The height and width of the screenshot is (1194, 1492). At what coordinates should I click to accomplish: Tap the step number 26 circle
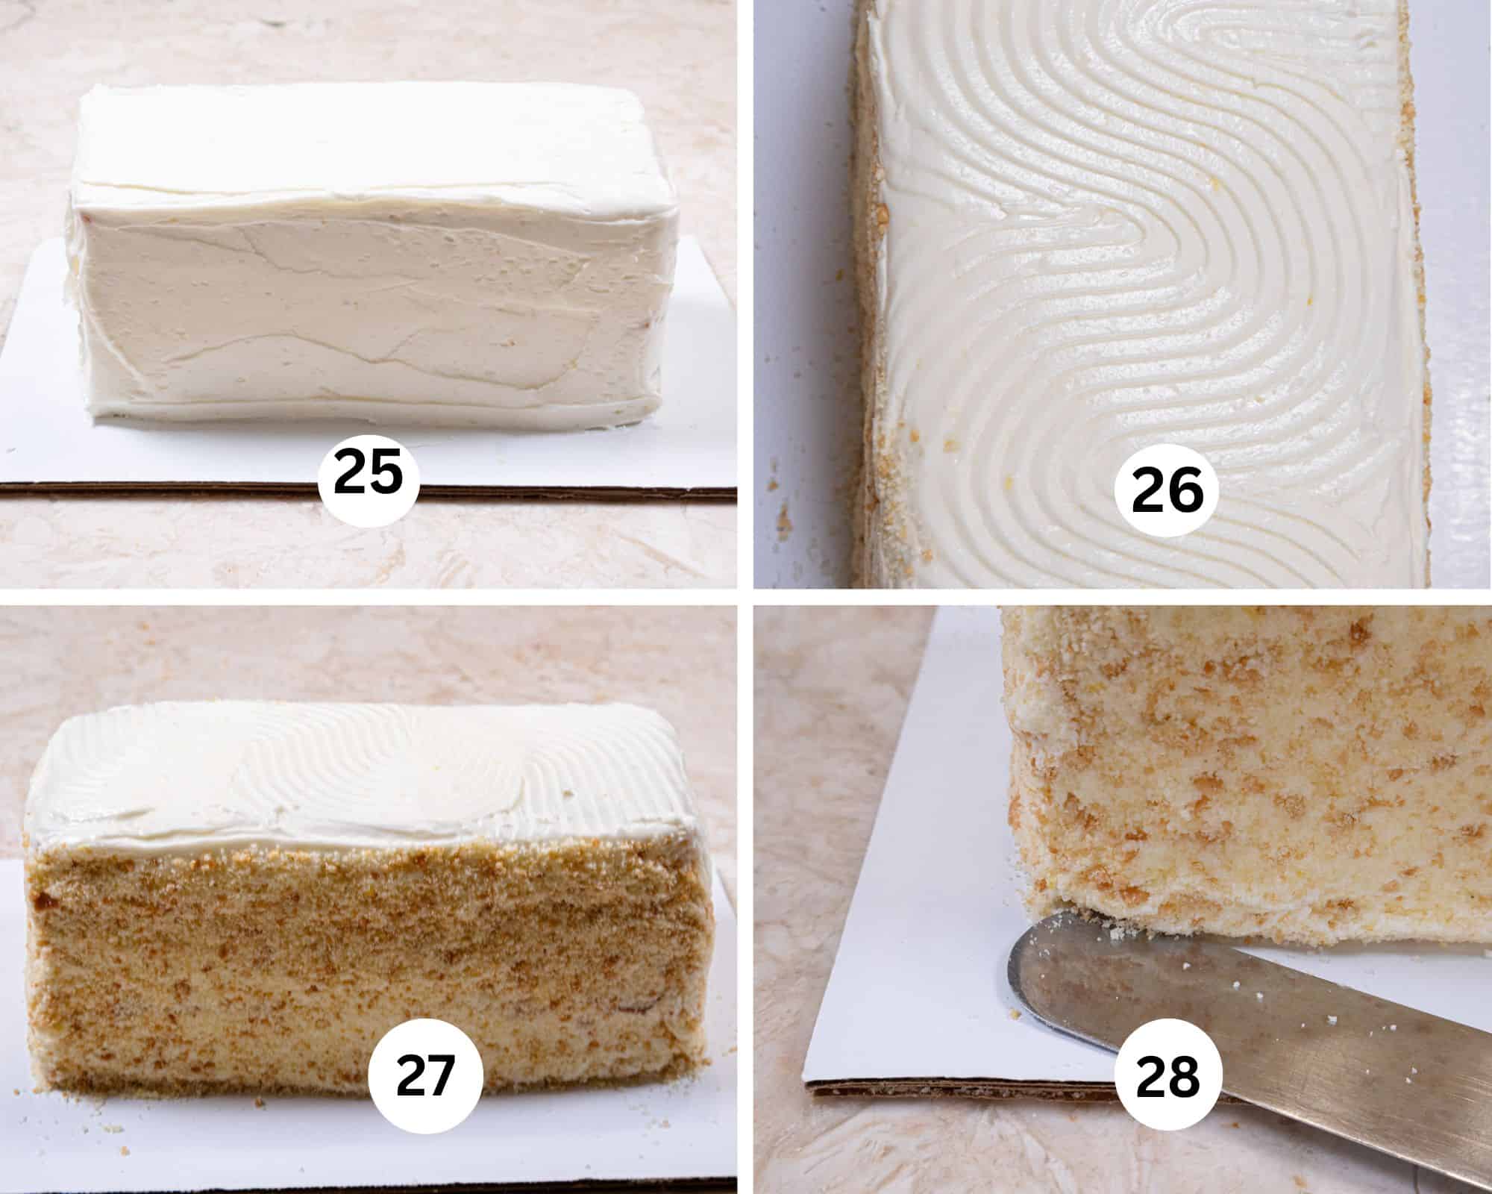click(x=1168, y=493)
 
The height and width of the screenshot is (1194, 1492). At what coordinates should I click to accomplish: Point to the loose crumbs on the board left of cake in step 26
click(x=783, y=515)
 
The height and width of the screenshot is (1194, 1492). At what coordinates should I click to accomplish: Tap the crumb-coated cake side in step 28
click(x=1231, y=784)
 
